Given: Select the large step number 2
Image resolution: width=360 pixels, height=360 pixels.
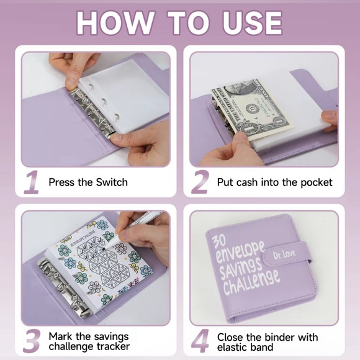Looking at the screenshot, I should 200,182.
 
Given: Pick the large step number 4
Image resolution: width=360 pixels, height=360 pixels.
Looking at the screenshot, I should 200,341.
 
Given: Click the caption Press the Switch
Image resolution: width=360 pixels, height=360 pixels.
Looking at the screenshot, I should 88,182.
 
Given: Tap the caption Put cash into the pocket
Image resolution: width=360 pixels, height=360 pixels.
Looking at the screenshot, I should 274,182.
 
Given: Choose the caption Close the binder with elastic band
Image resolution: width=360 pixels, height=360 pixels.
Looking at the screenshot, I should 267,341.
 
